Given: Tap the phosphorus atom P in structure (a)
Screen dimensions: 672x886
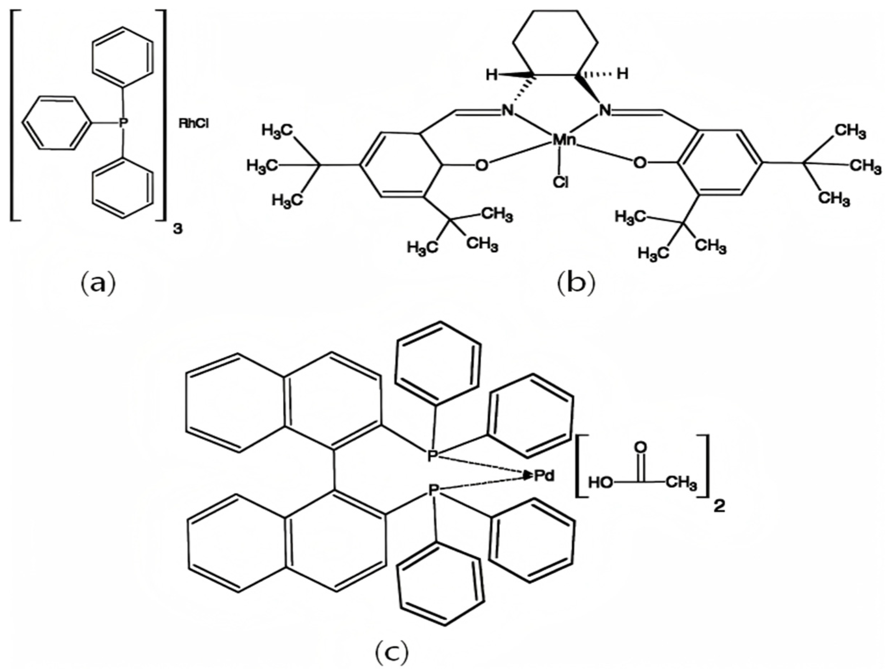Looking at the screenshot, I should click(123, 123).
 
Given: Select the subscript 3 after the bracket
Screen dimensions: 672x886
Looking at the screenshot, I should click(177, 230).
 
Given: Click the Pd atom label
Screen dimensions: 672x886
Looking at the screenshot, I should click(544, 476).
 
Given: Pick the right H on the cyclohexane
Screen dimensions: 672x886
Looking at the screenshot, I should click(622, 74).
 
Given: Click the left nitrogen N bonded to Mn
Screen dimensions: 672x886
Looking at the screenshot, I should click(508, 110).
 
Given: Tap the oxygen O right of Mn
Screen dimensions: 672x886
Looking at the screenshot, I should click(639, 163).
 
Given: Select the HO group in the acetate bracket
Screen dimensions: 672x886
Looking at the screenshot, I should click(601, 483).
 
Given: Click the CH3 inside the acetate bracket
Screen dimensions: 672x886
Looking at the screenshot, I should click(681, 483).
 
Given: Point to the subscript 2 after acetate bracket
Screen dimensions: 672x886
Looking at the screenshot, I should click(720, 507).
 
